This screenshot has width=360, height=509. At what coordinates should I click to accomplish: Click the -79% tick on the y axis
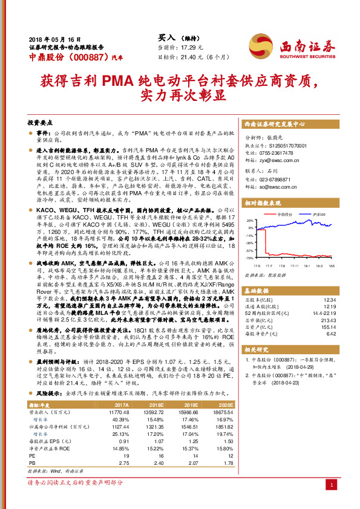point(250,258)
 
